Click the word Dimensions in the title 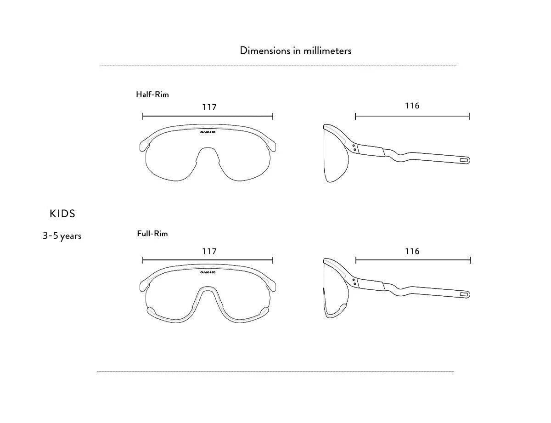(x=265, y=51)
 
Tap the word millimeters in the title (x=327, y=51)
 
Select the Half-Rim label (x=152, y=94)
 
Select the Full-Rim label (x=152, y=233)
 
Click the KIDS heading (x=62, y=214)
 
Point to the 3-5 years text (x=62, y=236)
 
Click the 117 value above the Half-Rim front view (x=209, y=107)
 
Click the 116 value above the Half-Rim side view (x=412, y=106)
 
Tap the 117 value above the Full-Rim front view (x=209, y=251)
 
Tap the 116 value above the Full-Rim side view (x=412, y=251)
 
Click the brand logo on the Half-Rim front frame (x=208, y=132)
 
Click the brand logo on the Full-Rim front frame (x=208, y=272)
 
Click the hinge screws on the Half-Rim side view (x=354, y=148)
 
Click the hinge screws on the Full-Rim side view (x=354, y=282)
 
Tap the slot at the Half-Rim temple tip (x=464, y=160)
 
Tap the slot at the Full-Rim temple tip (x=464, y=294)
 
